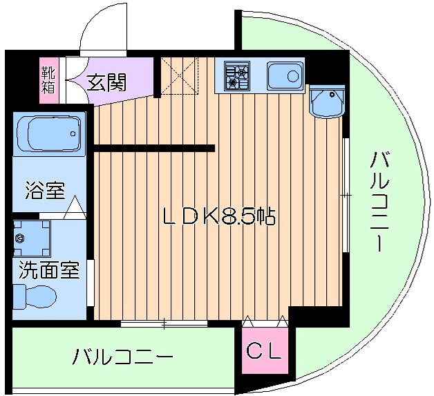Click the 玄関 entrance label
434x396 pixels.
(x=106, y=83)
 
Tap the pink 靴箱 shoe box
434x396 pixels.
(x=48, y=82)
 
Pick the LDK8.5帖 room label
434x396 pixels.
(x=218, y=216)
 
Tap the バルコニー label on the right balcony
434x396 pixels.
(x=379, y=200)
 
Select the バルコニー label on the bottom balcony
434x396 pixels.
(x=123, y=357)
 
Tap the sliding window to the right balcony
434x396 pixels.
(x=345, y=196)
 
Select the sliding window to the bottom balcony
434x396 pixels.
(x=164, y=323)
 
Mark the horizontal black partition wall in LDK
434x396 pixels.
(x=153, y=148)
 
